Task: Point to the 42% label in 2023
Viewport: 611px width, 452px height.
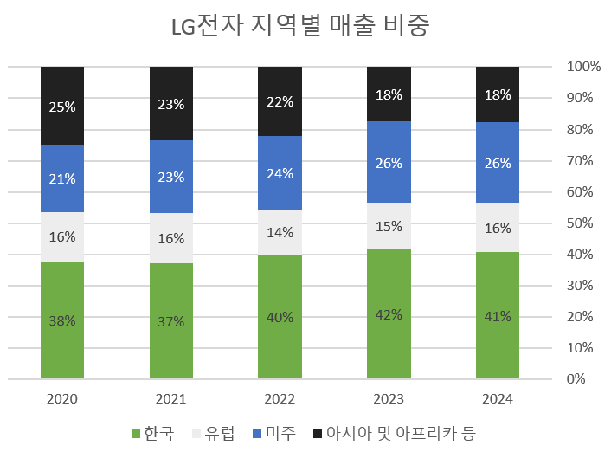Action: tap(389, 314)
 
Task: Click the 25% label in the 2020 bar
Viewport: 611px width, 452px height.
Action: tap(62, 107)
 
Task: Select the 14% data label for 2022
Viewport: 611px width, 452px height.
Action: tap(280, 232)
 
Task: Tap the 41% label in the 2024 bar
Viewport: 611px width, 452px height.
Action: tap(498, 316)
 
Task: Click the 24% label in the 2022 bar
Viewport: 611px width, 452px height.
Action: tap(280, 173)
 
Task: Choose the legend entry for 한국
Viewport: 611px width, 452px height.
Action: tap(152, 432)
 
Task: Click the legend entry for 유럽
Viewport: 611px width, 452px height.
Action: tap(211, 432)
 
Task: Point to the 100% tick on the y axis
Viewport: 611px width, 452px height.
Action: tap(583, 67)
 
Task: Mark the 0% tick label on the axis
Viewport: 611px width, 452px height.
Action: tap(577, 379)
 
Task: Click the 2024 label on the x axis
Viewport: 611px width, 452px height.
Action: tap(498, 399)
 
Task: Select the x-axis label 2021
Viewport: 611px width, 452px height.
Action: tap(171, 399)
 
